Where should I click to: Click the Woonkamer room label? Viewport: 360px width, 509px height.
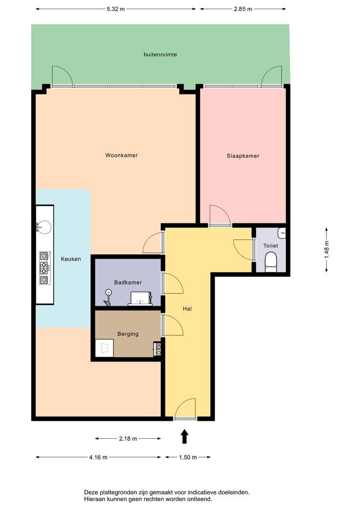[x=122, y=155]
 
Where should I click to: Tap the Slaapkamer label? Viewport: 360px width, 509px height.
[x=243, y=156]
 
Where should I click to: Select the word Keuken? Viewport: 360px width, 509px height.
[x=71, y=259]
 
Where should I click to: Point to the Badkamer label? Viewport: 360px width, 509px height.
[x=128, y=282]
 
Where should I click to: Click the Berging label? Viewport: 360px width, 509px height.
[x=128, y=334]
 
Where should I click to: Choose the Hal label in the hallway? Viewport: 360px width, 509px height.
[x=188, y=309]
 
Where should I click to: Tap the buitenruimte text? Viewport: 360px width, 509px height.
[x=160, y=55]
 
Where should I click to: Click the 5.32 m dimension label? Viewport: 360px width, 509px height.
[x=115, y=9]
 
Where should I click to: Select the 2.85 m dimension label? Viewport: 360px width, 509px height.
[x=243, y=9]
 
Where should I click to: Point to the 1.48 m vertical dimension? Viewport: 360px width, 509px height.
[x=327, y=250]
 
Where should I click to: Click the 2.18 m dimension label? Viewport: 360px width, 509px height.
[x=128, y=439]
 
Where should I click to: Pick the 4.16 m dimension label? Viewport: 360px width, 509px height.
[x=98, y=457]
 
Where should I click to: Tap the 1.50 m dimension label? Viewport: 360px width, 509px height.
[x=188, y=457]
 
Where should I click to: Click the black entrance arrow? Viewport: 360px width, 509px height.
[x=185, y=436]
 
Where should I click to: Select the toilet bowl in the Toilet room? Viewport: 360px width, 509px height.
[x=270, y=261]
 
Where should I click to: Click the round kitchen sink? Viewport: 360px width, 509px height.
[x=43, y=227]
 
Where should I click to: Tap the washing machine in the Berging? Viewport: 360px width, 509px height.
[x=104, y=348]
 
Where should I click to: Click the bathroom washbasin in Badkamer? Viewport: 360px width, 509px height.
[x=140, y=298]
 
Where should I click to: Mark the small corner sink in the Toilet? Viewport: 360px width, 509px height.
[x=282, y=233]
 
